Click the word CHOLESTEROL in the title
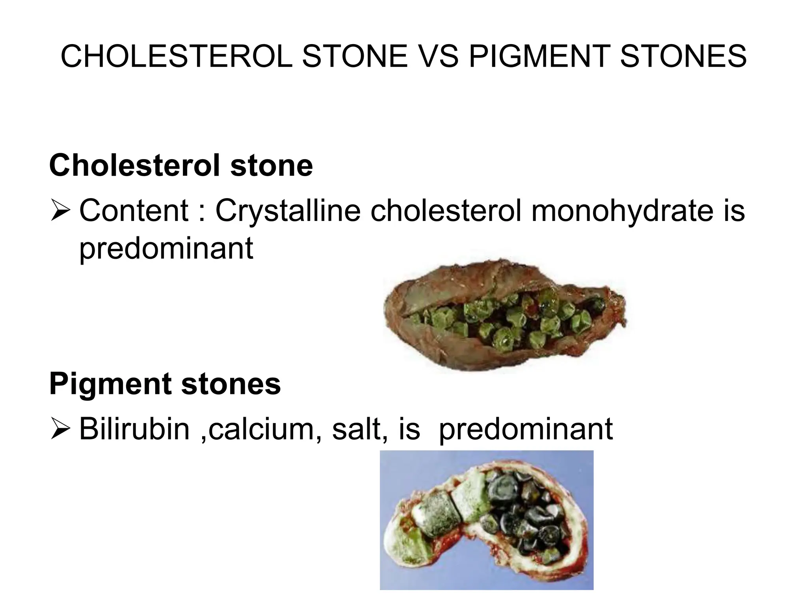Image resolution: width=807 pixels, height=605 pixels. (177, 56)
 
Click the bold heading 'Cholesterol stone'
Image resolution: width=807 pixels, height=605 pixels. (181, 165)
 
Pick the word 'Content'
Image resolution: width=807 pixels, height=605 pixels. (134, 210)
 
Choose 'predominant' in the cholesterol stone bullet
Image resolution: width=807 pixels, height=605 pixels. (166, 249)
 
